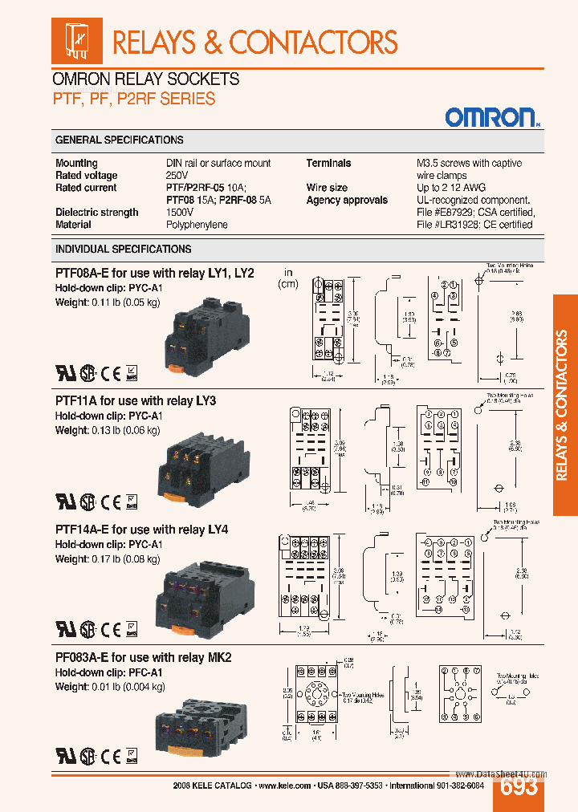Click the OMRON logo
pyautogui.click(x=491, y=118)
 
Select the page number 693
pyautogui.click(x=519, y=787)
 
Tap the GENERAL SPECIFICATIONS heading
pyautogui.click(x=119, y=140)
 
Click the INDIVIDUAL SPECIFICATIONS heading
pyautogui.click(x=123, y=249)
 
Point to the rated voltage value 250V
pyautogui.click(x=177, y=176)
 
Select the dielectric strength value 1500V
pyautogui.click(x=180, y=213)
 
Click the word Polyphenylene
pyautogui.click(x=197, y=225)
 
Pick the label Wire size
pyautogui.click(x=327, y=188)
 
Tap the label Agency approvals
pyautogui.click(x=347, y=200)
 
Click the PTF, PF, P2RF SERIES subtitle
pyautogui.click(x=133, y=99)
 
